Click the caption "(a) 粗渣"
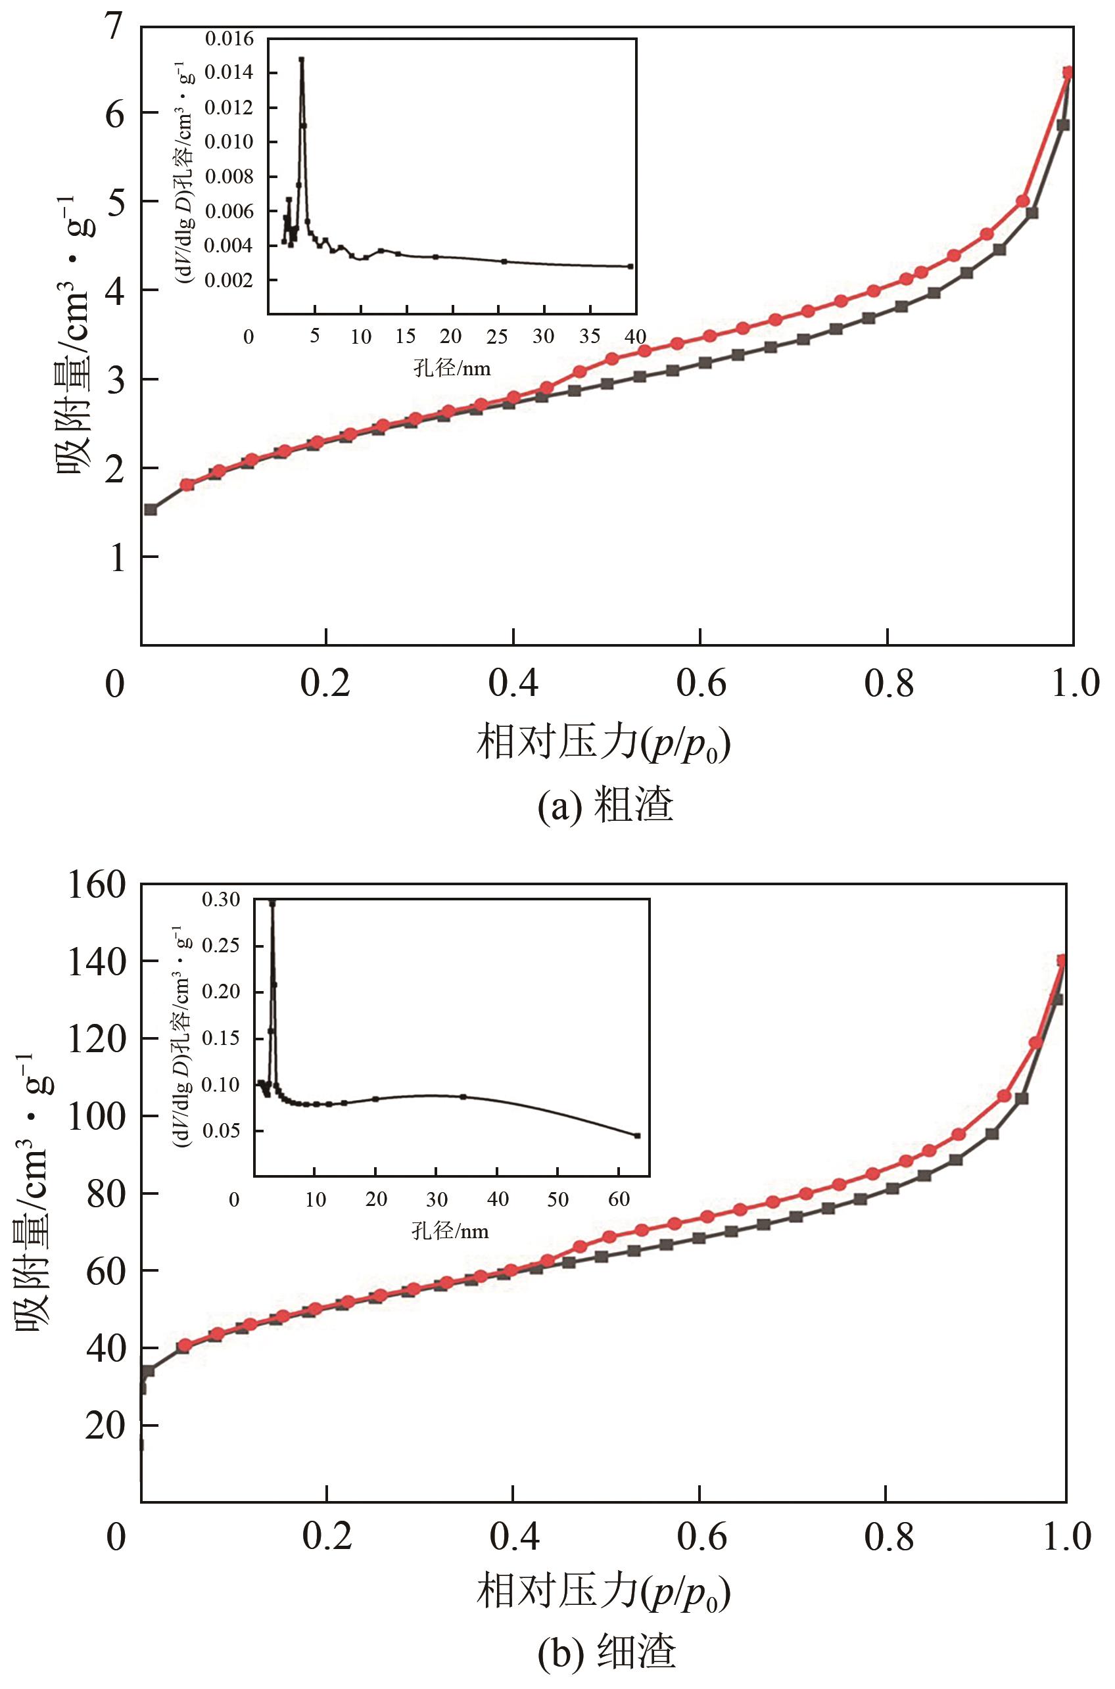click(x=604, y=806)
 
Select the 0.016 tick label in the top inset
click(x=229, y=39)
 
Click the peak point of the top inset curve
click(x=302, y=60)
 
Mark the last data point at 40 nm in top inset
click(x=630, y=267)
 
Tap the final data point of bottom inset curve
click(x=637, y=1136)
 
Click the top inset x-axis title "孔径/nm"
click(x=452, y=368)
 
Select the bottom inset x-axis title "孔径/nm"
click(x=450, y=1230)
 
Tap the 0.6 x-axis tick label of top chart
click(x=701, y=683)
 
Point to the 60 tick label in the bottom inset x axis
click(x=619, y=1200)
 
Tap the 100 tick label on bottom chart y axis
click(x=97, y=1116)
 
